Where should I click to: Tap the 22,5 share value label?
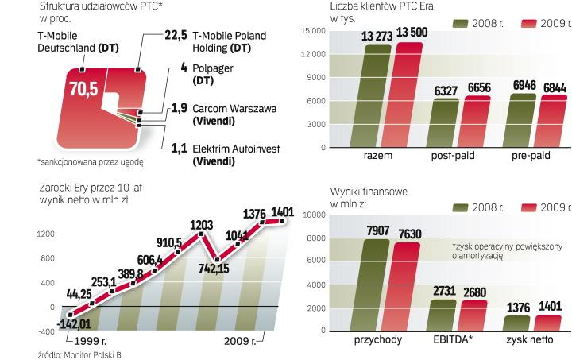coord(173,36)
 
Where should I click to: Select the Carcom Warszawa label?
coord(230,108)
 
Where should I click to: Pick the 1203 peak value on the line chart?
coord(202,224)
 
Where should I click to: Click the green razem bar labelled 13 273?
coord(377,97)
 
